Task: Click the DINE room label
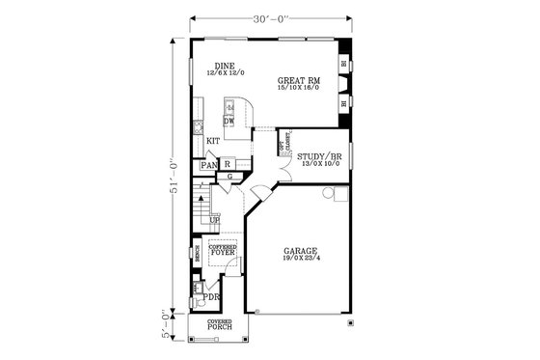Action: [x=224, y=66]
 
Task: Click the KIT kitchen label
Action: [x=213, y=141]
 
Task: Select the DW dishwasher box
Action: [x=229, y=122]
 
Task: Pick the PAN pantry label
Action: [x=207, y=166]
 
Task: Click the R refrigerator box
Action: [x=226, y=165]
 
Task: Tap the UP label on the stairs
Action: [x=215, y=220]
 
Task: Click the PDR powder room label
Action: [x=211, y=297]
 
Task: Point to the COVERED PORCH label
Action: [x=219, y=328]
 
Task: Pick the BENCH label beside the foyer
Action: [x=196, y=255]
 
